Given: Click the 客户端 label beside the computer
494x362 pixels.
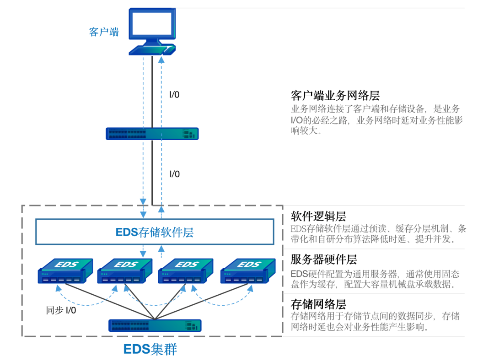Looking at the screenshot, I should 103,32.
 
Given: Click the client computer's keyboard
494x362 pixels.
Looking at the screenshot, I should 151,49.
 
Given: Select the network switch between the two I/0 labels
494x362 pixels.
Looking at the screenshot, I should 152,134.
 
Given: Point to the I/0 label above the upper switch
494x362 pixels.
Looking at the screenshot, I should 174,95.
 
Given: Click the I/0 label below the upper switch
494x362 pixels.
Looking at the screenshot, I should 174,174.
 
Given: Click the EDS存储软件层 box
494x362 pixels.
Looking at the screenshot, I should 155,232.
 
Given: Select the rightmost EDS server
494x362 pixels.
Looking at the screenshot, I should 248,271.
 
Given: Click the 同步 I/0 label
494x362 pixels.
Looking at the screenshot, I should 61,310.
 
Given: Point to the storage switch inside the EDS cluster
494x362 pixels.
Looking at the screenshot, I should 155,325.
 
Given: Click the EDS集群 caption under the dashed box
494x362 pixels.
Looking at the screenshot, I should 150,350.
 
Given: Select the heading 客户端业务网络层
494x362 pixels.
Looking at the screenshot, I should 335,95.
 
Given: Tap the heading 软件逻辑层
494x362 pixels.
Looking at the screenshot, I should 318,216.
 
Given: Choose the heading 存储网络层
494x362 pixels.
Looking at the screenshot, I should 318,304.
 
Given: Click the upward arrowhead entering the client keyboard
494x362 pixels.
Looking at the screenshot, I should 161,60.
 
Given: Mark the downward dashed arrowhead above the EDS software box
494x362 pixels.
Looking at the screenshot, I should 144,214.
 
